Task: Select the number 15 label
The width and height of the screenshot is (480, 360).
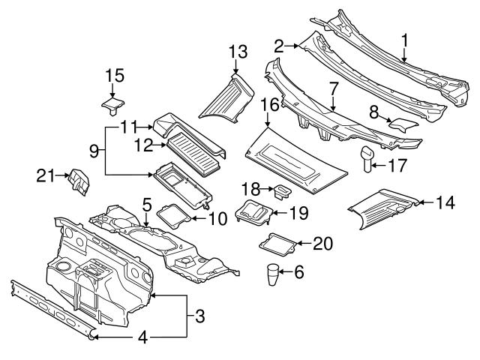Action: coord(114,76)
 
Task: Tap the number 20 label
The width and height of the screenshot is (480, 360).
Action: coord(322,243)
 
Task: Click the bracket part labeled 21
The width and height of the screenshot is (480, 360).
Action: coord(78,181)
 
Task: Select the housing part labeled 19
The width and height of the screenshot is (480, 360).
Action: coord(254,213)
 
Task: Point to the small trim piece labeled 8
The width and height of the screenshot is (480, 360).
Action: coord(405,124)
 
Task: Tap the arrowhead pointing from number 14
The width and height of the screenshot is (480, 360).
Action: coord(418,201)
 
